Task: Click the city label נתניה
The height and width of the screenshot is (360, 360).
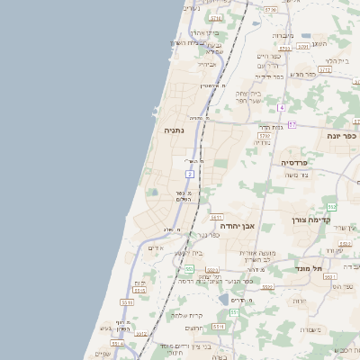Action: (174, 130)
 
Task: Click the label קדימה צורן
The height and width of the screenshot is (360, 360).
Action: (311, 220)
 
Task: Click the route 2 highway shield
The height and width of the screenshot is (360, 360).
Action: (190, 173)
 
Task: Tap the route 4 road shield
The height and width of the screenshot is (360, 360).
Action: (281, 108)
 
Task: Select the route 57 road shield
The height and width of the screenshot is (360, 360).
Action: (292, 124)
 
